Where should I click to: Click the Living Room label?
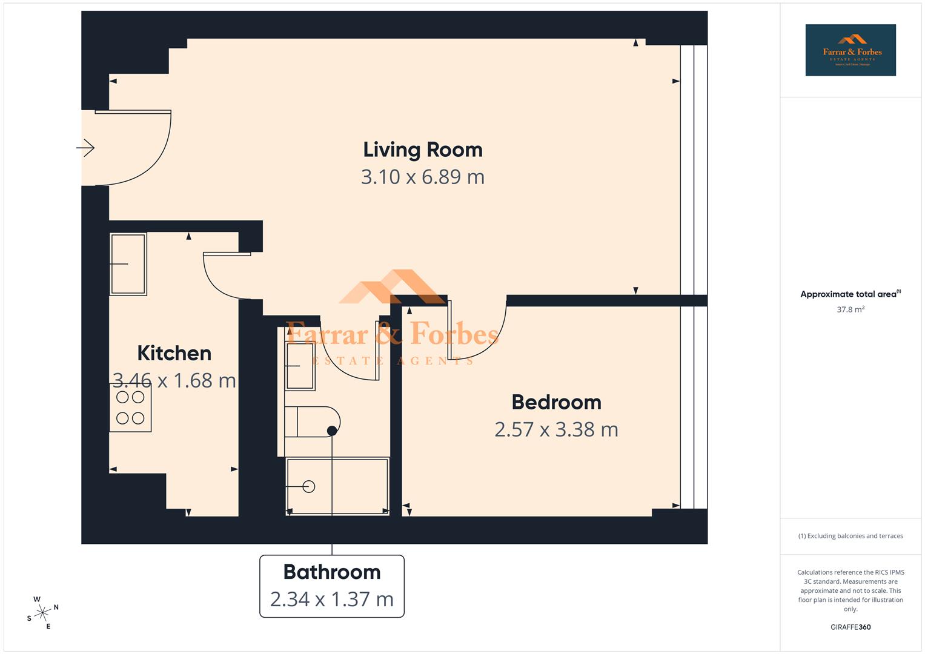click(x=422, y=150)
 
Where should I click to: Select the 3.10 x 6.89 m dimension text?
click(x=422, y=177)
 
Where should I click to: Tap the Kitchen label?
click(x=174, y=353)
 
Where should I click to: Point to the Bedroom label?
click(x=556, y=402)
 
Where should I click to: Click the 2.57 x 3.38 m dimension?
click(x=556, y=429)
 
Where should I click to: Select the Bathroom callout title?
click(x=331, y=572)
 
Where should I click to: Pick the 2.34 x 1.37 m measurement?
click(x=331, y=599)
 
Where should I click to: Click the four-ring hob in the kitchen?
click(x=130, y=408)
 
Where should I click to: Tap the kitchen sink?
click(x=128, y=264)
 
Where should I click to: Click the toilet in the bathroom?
click(x=311, y=421)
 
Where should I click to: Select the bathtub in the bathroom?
click(x=337, y=486)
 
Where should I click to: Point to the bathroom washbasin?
click(x=300, y=366)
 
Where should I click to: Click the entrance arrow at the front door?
click(x=85, y=148)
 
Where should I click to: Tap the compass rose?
click(x=42, y=613)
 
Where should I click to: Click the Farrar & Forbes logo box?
click(x=850, y=50)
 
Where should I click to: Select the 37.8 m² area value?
click(x=850, y=309)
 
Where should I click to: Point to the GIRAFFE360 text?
click(x=850, y=627)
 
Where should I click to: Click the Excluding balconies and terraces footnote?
click(x=850, y=536)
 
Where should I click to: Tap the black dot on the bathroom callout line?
click(x=331, y=431)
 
